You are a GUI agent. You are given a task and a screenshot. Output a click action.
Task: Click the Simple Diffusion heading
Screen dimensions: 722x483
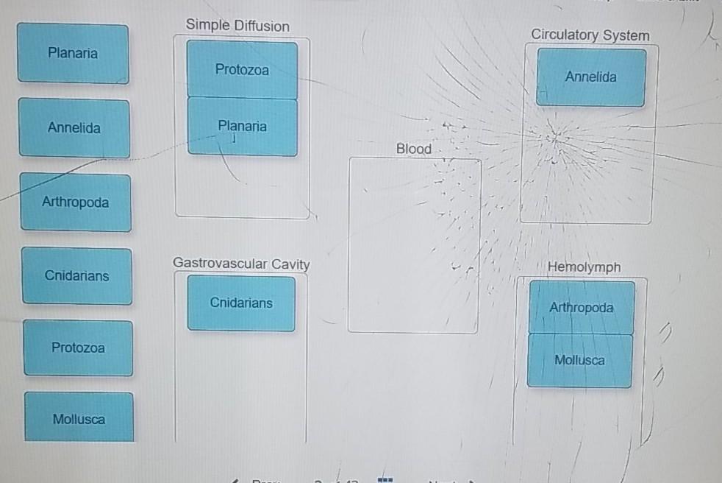pyautogui.click(x=237, y=25)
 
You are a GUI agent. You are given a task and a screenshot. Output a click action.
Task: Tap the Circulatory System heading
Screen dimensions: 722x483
pyautogui.click(x=590, y=35)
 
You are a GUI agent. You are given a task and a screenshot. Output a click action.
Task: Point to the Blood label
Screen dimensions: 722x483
pyautogui.click(x=414, y=149)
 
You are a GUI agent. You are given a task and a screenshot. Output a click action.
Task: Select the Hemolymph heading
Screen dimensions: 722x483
pyautogui.click(x=584, y=267)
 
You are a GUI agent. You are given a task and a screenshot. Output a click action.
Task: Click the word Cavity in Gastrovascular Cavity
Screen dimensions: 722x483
pyautogui.click(x=290, y=264)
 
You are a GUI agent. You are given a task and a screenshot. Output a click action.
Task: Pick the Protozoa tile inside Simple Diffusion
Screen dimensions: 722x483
pyautogui.click(x=242, y=69)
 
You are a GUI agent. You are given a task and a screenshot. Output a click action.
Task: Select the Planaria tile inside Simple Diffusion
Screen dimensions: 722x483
pyautogui.click(x=242, y=127)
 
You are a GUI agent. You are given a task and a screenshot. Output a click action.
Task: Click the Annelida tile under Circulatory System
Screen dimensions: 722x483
pyautogui.click(x=591, y=77)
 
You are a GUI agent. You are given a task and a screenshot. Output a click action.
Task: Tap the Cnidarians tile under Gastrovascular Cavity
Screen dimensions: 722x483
pyautogui.click(x=241, y=303)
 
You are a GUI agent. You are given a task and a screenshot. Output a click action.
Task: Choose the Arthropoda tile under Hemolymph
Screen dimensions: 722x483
pyautogui.click(x=582, y=307)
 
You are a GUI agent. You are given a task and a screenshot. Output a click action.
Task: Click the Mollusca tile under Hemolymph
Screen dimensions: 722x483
pyautogui.click(x=579, y=360)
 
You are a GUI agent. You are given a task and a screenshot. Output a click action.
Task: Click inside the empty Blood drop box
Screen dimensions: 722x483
pyautogui.click(x=413, y=245)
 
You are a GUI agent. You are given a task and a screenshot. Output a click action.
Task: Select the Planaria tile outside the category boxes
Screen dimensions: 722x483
pyautogui.click(x=73, y=53)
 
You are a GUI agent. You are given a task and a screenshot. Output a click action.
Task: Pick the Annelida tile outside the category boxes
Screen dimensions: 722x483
pyautogui.click(x=74, y=128)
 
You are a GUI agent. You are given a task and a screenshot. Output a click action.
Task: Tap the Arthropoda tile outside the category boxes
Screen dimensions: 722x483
pyautogui.click(x=76, y=202)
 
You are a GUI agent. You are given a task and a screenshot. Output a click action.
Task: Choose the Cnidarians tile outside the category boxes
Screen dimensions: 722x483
pyautogui.click(x=77, y=276)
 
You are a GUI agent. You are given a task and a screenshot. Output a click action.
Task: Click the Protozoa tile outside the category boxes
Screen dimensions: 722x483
pyautogui.click(x=78, y=348)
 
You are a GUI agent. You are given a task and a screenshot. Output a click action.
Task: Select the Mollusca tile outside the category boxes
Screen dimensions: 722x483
pyautogui.click(x=79, y=417)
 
